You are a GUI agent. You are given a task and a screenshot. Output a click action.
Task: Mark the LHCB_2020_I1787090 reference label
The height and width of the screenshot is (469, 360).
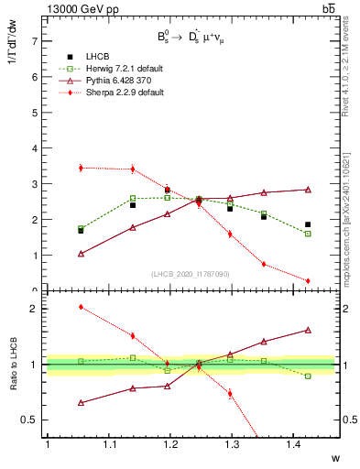(x=191, y=274)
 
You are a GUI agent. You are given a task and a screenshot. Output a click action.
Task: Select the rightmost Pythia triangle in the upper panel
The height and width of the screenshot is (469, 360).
(x=307, y=190)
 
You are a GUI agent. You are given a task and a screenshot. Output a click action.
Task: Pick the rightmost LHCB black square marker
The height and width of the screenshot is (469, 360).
(x=307, y=224)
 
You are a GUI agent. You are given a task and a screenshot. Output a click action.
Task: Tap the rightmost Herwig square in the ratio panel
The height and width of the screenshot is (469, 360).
(x=307, y=376)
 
